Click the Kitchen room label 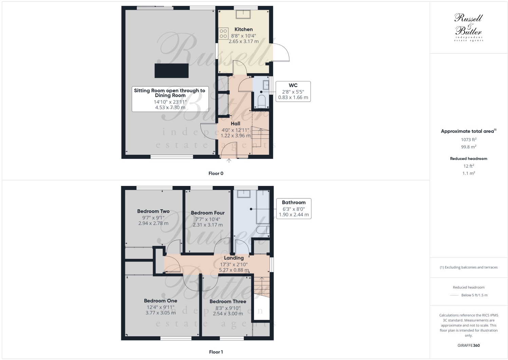point(243,30)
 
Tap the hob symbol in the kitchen point(223,34)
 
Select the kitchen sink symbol point(243,14)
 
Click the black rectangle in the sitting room point(171,71)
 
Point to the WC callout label point(293,86)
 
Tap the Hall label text point(235,124)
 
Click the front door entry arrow point(229,160)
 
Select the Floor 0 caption point(216,173)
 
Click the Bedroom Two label point(153,211)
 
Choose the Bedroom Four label point(208,213)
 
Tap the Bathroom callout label point(294,203)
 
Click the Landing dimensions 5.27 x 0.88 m point(234,270)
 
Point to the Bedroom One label point(161,301)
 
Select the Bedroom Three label point(228,302)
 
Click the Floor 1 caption point(216,352)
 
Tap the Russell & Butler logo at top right point(469,27)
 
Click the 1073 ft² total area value point(469,139)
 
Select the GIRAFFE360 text point(469,345)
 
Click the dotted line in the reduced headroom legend point(454,295)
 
